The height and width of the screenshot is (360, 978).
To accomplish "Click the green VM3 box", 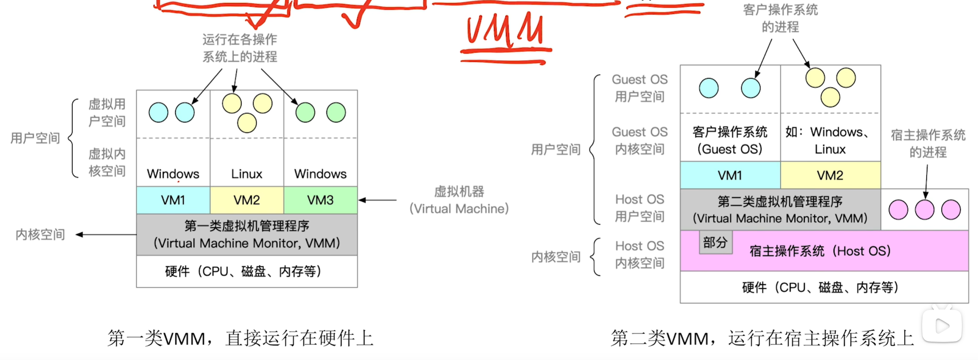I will (x=320, y=200).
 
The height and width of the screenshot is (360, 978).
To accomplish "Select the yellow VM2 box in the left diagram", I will (x=247, y=200).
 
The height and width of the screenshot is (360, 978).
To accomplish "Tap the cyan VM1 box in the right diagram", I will (x=730, y=175).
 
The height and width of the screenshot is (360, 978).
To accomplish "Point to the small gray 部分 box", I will (x=715, y=242).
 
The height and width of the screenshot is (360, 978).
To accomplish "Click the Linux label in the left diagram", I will (x=247, y=174).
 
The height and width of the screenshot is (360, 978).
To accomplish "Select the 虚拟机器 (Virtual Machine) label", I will (x=459, y=200).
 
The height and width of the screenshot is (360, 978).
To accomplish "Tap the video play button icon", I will (x=942, y=326).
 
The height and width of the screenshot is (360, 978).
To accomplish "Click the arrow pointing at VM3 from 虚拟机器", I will (x=377, y=200).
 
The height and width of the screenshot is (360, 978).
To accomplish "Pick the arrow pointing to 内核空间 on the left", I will (x=106, y=235).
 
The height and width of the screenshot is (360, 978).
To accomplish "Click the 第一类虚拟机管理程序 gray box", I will (x=247, y=235).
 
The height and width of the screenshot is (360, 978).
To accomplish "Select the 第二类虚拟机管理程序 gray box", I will (x=780, y=210).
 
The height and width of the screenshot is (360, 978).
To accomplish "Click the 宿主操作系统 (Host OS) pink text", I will (x=820, y=251).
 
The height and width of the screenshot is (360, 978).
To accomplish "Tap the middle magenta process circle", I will (x=924, y=210).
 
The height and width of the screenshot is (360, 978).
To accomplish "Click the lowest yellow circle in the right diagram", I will (x=830, y=97).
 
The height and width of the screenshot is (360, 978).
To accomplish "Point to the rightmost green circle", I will (x=336, y=113).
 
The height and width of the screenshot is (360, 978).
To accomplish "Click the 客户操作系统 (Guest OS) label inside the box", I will (x=730, y=140).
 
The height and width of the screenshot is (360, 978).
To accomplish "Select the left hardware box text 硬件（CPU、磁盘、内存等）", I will (x=243, y=271).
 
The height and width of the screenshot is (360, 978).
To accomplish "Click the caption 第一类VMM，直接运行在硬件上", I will (x=240, y=338).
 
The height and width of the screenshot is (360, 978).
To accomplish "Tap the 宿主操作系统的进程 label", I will (x=928, y=143).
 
